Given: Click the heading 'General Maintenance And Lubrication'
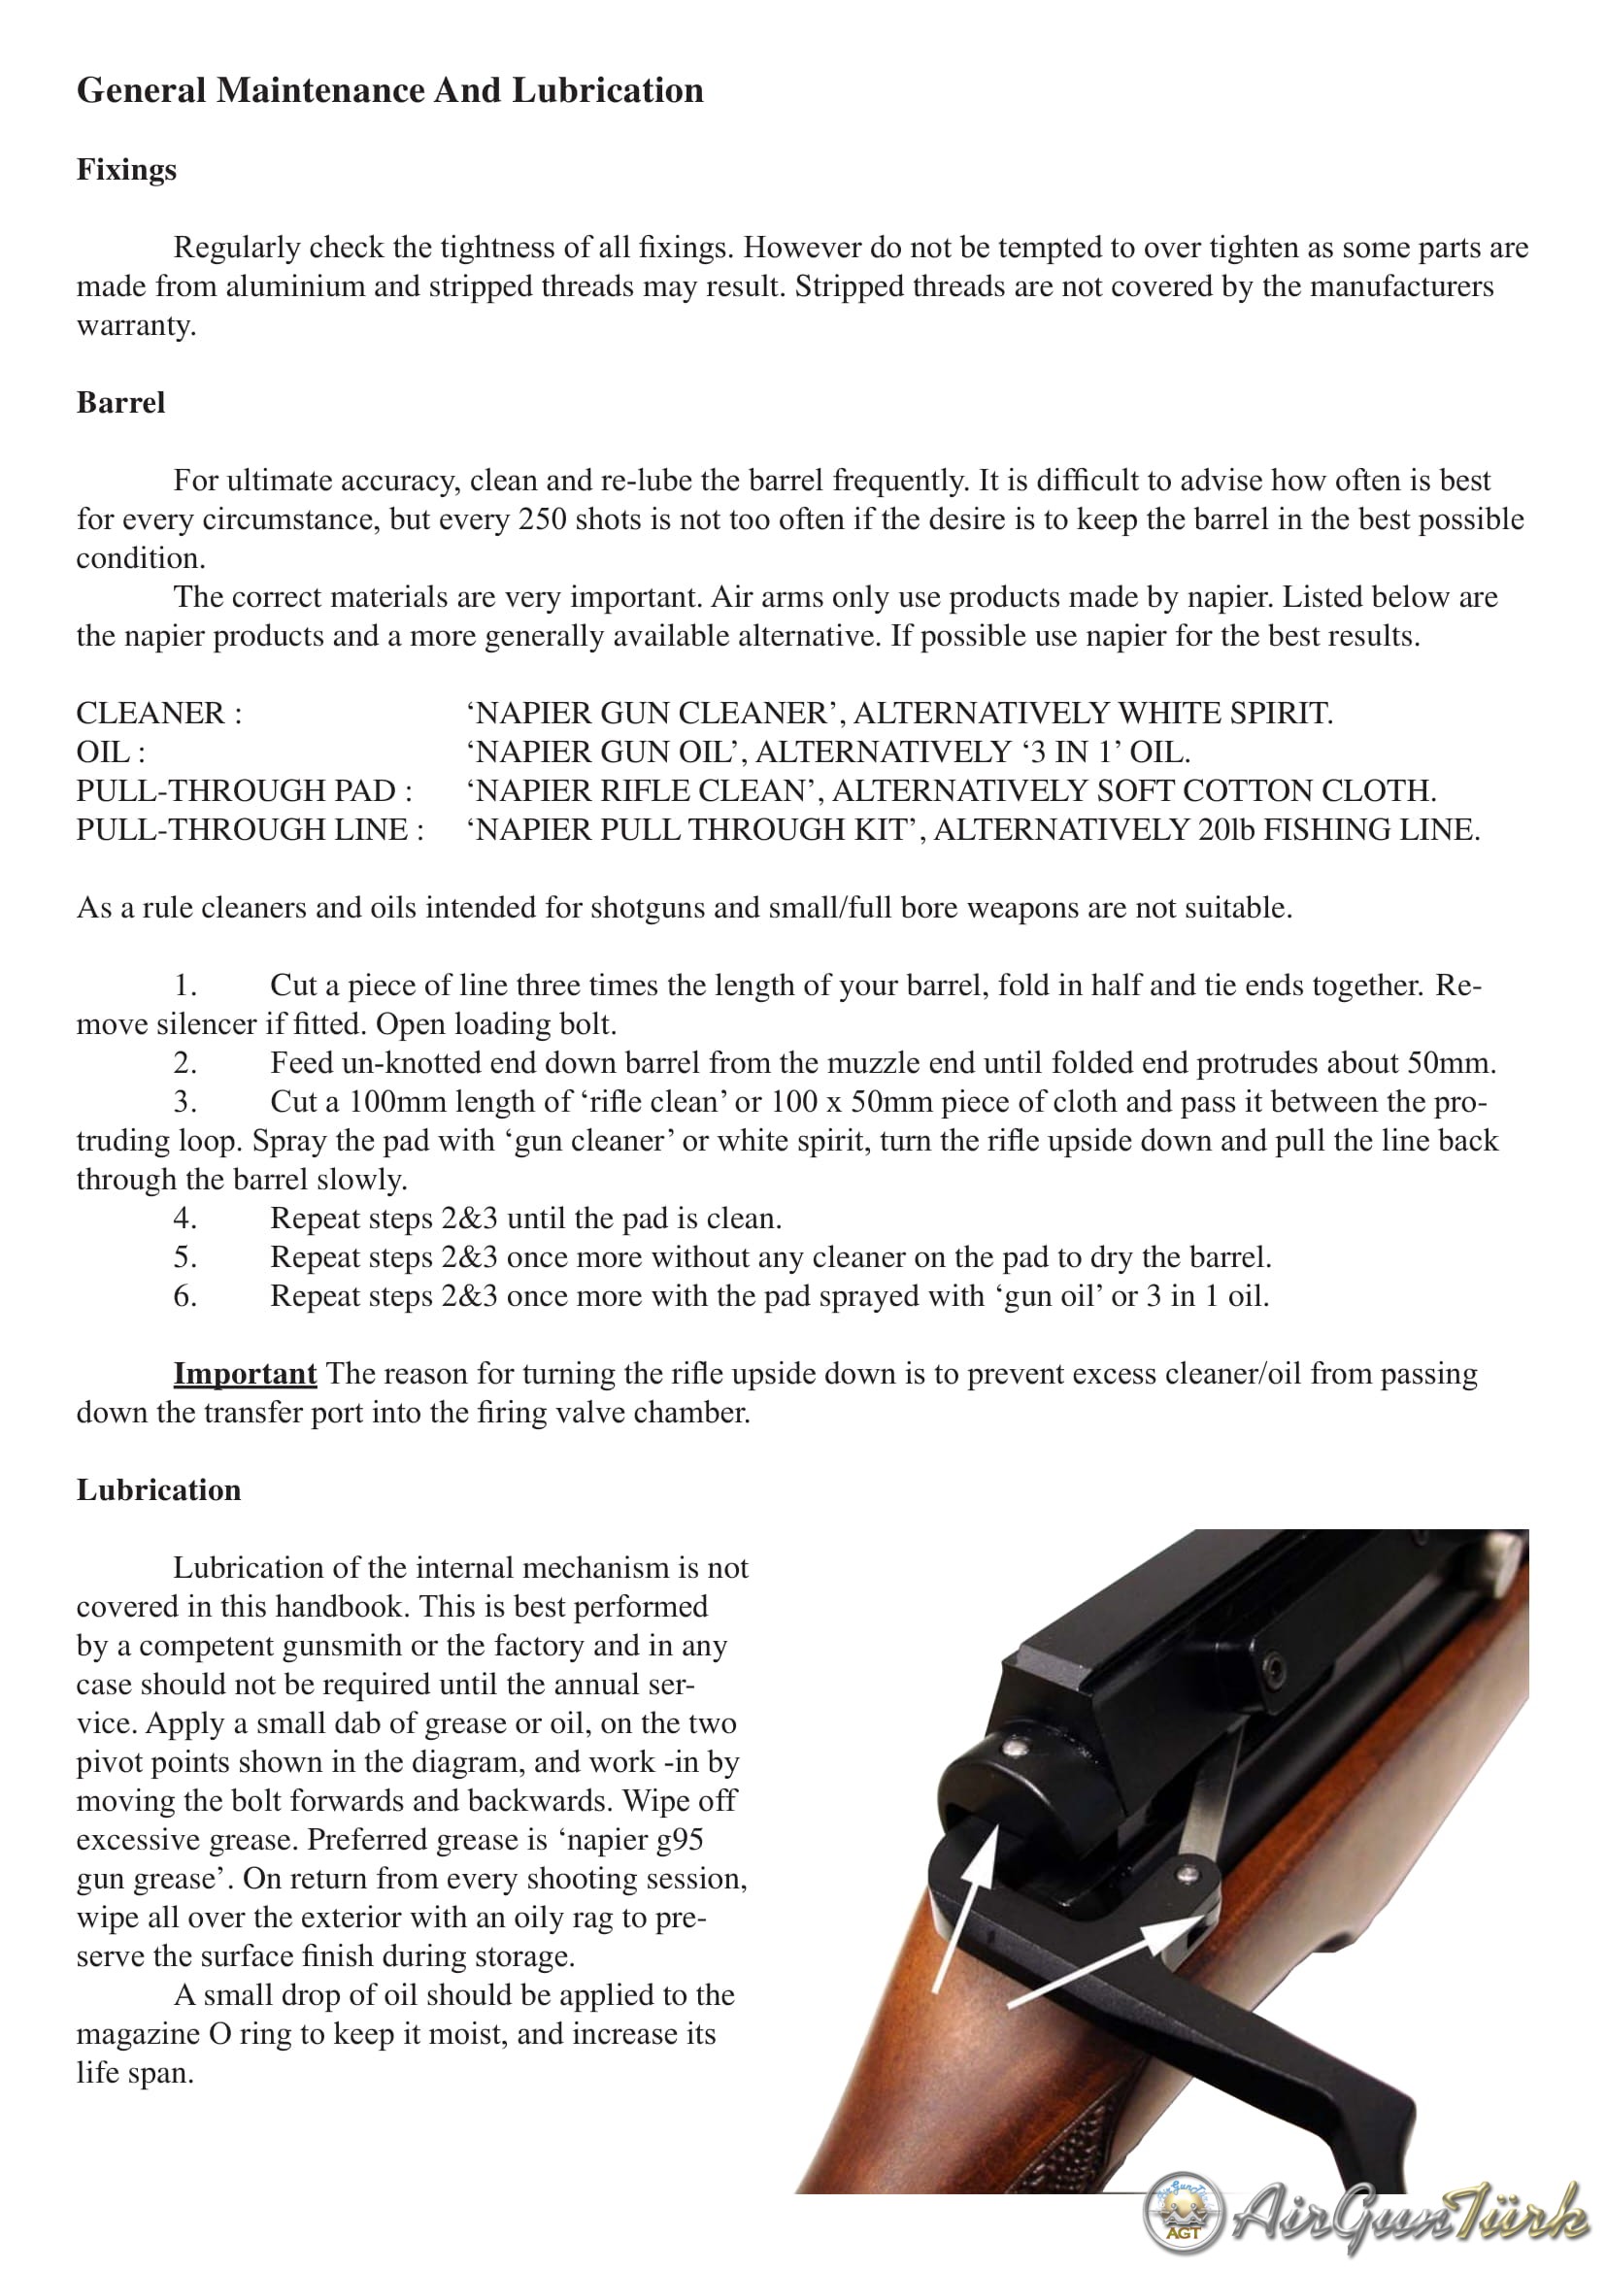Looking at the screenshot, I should pyautogui.click(x=389, y=91).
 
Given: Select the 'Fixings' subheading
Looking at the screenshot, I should pyautogui.click(x=126, y=170).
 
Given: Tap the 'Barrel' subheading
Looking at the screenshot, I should pyautogui.click(x=120, y=403).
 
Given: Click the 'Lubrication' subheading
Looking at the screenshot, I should pyautogui.click(x=158, y=1489).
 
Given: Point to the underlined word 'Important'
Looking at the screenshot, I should pyautogui.click(x=245, y=1374).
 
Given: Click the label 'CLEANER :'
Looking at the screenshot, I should pyautogui.click(x=159, y=714).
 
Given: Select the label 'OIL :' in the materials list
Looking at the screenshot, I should pyautogui.click(x=111, y=751).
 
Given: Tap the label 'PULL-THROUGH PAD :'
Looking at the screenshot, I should pyautogui.click(x=245, y=790).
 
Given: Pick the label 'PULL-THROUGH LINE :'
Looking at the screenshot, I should pyautogui.click(x=251, y=829).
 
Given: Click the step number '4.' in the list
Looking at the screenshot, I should pyautogui.click(x=184, y=1219).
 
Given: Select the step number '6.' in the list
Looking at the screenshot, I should pyautogui.click(x=184, y=1296).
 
